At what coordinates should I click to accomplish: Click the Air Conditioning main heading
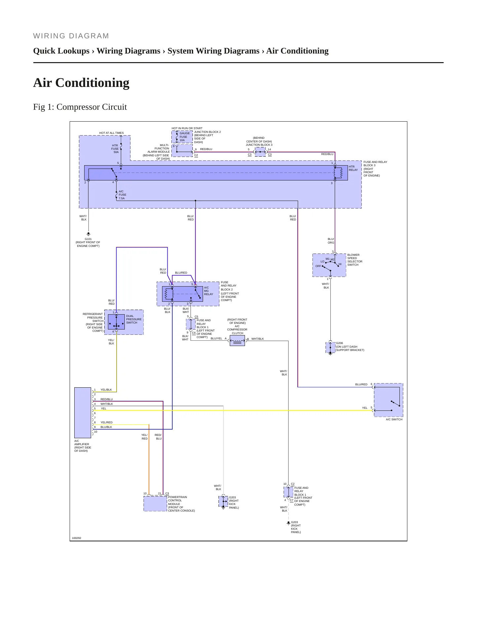81,83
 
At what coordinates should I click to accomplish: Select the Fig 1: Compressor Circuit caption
80,107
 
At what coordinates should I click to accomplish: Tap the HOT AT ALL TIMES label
112,133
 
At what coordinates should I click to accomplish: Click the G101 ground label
88,239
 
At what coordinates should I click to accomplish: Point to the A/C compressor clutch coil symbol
237,341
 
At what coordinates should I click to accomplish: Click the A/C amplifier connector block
83,413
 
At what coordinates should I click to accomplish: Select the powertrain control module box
155,504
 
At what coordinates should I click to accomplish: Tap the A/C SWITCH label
394,419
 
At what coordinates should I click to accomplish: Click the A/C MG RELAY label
209,291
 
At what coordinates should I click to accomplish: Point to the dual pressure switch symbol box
116,322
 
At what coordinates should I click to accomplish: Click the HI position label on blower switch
340,264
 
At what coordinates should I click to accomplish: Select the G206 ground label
339,343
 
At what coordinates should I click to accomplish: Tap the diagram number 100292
77,538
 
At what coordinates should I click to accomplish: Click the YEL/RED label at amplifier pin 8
106,422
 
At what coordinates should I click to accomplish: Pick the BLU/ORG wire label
331,241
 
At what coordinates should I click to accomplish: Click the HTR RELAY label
353,168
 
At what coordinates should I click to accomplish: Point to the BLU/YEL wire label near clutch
217,338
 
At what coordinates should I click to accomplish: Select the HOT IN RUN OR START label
187,128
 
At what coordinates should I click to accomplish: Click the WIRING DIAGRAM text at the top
71,36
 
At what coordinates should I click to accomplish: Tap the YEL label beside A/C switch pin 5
365,408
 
